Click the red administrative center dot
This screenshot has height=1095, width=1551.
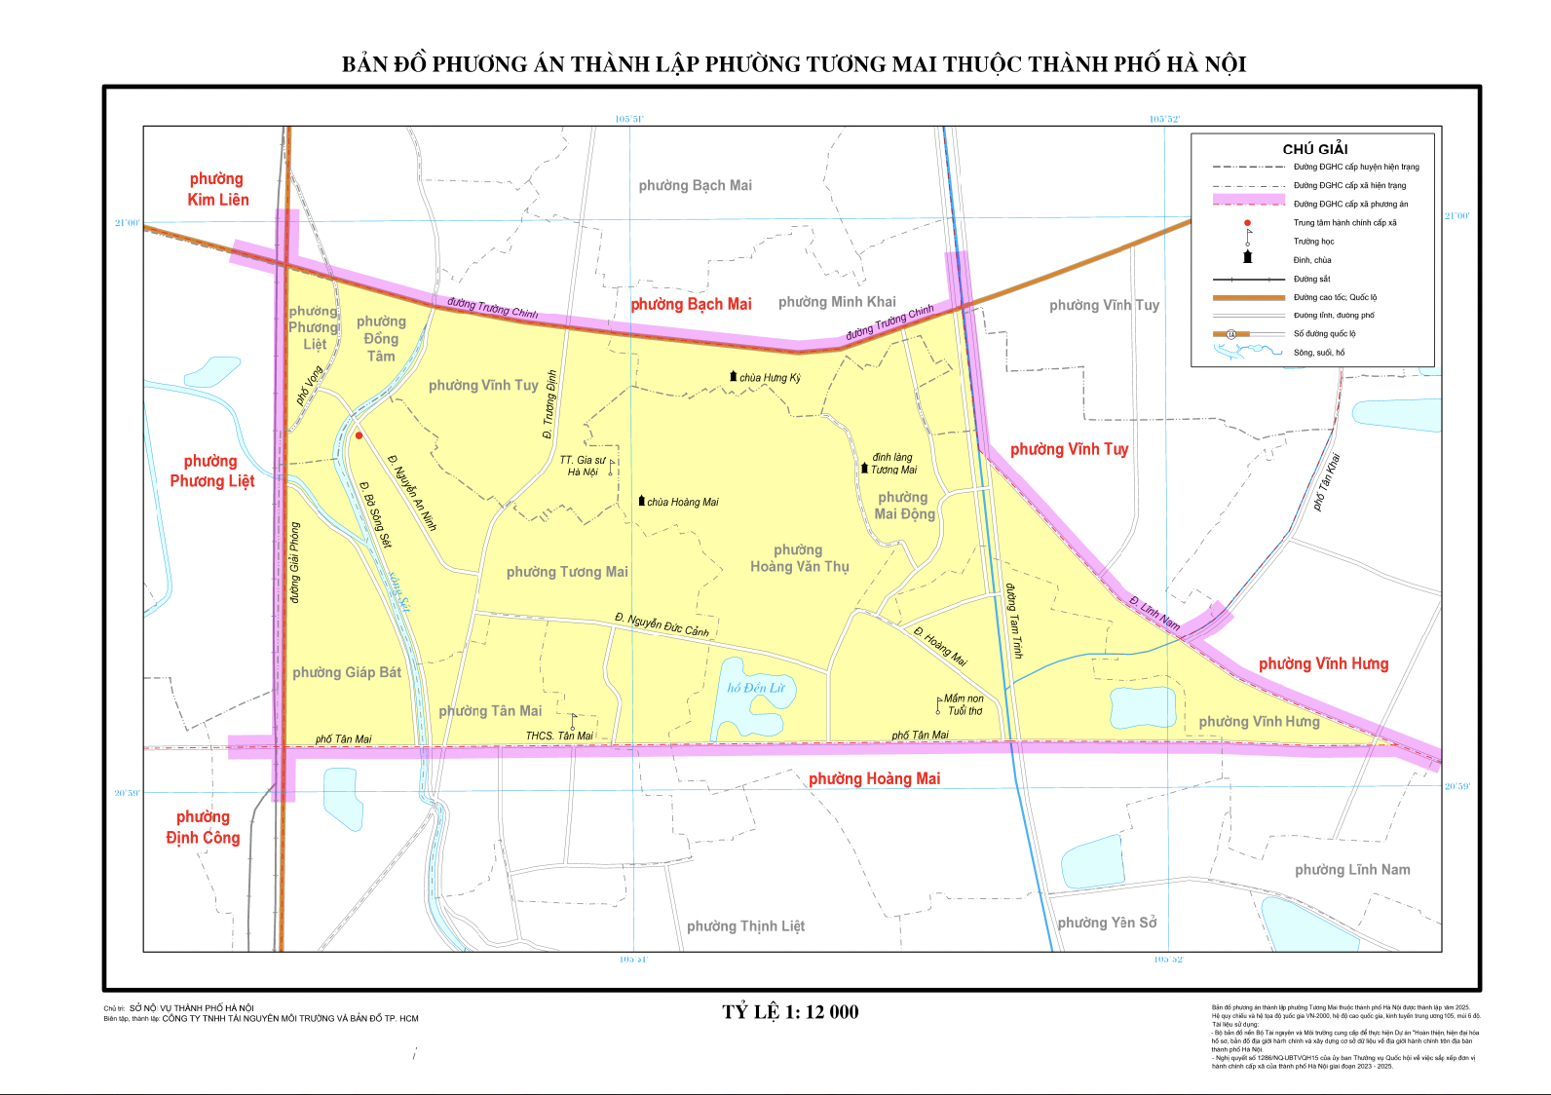pyautogui.click(x=359, y=435)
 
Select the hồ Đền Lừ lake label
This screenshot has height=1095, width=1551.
pyautogui.click(x=756, y=688)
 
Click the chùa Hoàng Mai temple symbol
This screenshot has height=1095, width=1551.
pyautogui.click(x=641, y=501)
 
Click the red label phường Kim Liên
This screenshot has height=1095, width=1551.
pyautogui.click(x=217, y=189)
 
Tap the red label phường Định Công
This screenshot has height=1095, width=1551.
pyautogui.click(x=203, y=827)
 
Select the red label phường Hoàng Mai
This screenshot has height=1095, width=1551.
pyautogui.click(x=874, y=778)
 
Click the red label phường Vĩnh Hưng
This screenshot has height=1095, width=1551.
pyautogui.click(x=1323, y=663)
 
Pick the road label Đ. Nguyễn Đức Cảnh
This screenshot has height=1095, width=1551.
pyautogui.click(x=662, y=624)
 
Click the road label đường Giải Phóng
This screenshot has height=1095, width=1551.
pyautogui.click(x=295, y=562)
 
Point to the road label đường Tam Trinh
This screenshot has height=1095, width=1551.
pyautogui.click(x=1014, y=621)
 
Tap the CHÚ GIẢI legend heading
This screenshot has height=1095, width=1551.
pyautogui.click(x=1314, y=149)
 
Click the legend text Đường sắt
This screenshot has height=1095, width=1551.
pyautogui.click(x=1311, y=279)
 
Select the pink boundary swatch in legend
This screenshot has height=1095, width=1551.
pyautogui.click(x=1248, y=200)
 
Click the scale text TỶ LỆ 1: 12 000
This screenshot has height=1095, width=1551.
pyautogui.click(x=790, y=1011)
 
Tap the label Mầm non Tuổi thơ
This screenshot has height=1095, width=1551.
pyautogui.click(x=964, y=704)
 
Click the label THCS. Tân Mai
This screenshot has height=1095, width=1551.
pyautogui.click(x=559, y=736)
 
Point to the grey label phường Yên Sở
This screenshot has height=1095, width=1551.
pyautogui.click(x=1107, y=923)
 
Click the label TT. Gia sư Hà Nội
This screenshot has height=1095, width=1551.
pyautogui.click(x=583, y=466)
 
